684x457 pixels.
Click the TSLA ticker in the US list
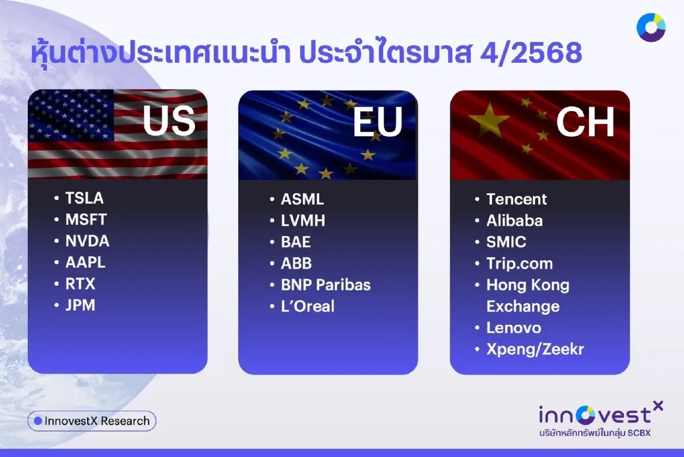click(84, 198)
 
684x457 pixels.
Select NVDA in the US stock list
click(87, 241)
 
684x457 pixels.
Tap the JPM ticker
click(80, 305)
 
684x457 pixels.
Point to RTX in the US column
click(80, 284)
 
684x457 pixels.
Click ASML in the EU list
click(302, 199)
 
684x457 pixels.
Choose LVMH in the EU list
click(303, 221)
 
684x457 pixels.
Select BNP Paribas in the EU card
click(325, 285)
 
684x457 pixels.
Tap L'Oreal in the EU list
click(308, 306)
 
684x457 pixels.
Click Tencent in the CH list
click(516, 199)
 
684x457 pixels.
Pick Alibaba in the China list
click(514, 221)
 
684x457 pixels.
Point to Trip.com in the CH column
click(519, 264)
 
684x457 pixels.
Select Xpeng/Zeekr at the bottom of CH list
click(535, 349)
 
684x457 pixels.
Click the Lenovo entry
click(514, 328)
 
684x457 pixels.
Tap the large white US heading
click(169, 121)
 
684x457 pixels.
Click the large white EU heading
click(377, 122)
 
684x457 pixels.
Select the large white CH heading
click(585, 122)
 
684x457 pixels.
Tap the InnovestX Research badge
click(92, 421)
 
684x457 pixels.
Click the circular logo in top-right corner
click(651, 27)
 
